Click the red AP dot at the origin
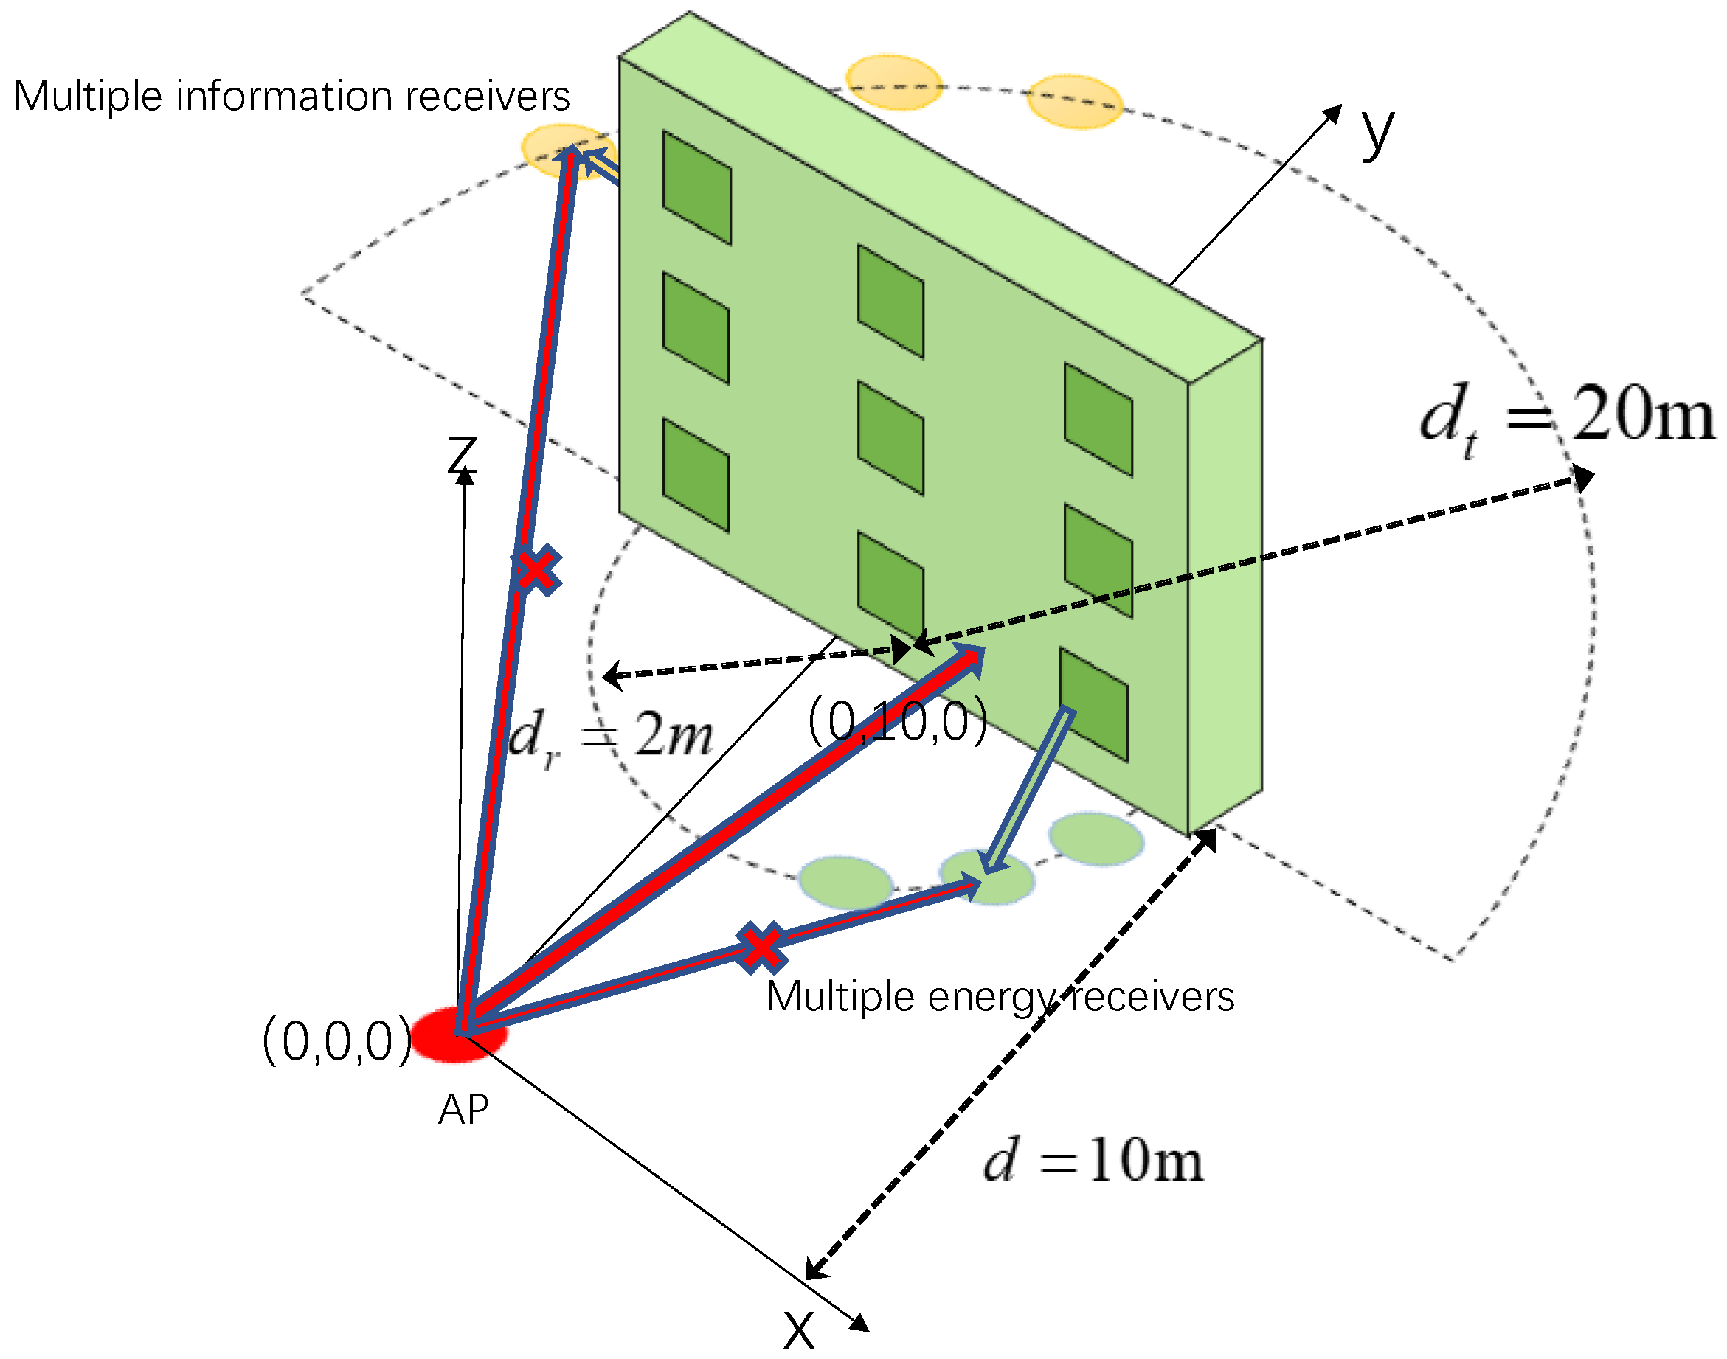coord(457,1035)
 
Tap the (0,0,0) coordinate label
coord(337,1041)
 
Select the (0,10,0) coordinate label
coord(898,722)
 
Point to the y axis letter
coord(1377,131)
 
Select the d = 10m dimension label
coord(1093,1161)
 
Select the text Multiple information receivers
coord(291,97)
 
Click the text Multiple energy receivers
coord(1000,997)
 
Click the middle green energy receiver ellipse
coord(987,877)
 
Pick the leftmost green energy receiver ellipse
coord(845,883)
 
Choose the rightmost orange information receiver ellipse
coord(1074,102)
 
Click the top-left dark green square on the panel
coord(697,188)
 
